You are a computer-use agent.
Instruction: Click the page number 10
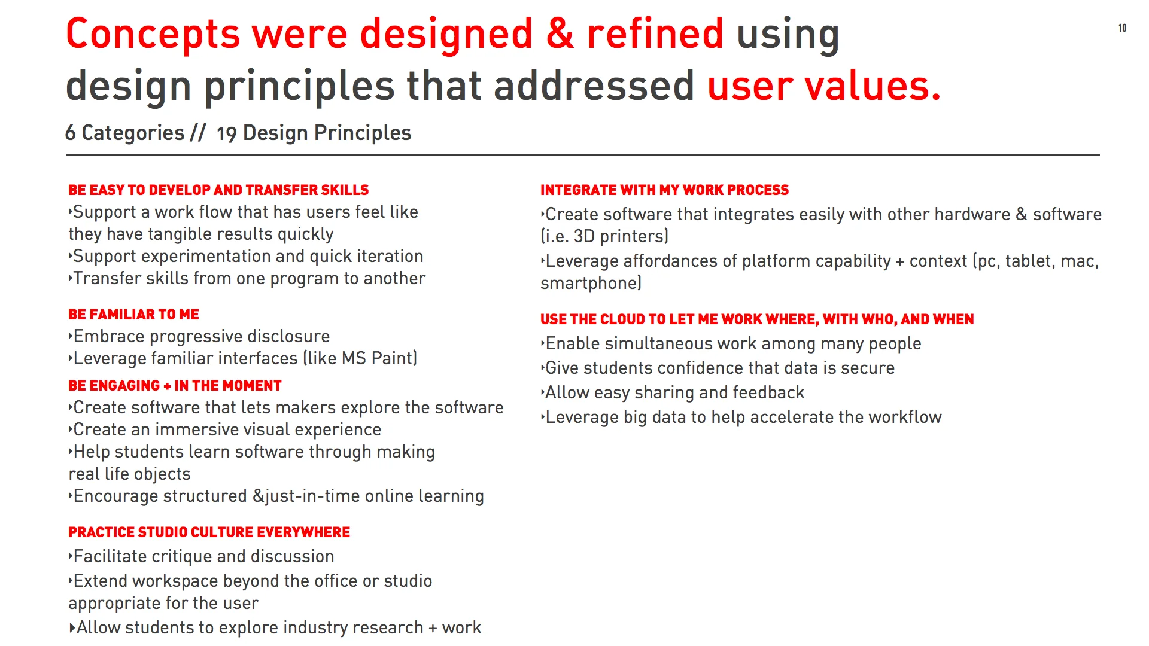[1122, 28]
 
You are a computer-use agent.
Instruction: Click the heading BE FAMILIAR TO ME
[133, 314]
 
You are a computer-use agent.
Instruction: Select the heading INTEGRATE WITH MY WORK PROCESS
[664, 190]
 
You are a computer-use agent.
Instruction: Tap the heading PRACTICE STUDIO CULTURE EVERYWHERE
[209, 532]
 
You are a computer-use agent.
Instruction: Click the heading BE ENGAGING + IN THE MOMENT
[175, 385]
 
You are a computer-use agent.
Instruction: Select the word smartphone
[589, 283]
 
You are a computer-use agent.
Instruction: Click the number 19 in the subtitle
[226, 134]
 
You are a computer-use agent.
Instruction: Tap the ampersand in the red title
[560, 33]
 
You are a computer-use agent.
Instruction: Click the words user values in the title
[823, 86]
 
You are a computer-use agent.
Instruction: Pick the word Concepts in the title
[153, 33]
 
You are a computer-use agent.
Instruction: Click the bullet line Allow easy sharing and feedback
[674, 392]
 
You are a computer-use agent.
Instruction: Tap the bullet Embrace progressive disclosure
[201, 336]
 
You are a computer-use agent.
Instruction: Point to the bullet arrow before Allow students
[72, 627]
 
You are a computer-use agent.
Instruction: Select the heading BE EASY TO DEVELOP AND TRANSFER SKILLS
[218, 190]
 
